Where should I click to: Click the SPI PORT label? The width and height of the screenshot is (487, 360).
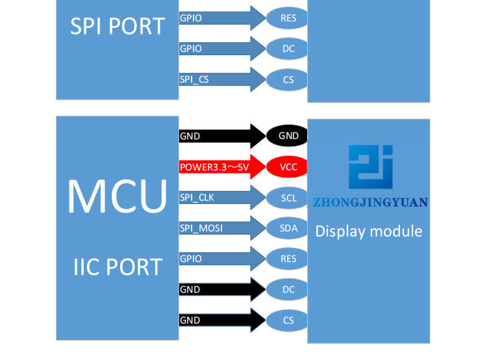118,26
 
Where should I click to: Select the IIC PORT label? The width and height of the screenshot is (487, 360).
118,266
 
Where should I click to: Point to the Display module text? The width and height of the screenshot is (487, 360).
369,231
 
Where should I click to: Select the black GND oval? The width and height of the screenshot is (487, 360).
288,136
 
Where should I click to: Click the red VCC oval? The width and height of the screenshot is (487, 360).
288,166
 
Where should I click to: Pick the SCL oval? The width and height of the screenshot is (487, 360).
288,198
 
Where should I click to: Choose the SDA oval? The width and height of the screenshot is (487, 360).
288,228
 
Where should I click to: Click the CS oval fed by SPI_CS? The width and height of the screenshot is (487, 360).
288,80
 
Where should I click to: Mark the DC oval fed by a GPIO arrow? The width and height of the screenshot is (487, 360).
288,49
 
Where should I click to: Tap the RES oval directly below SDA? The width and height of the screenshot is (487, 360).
288,259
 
